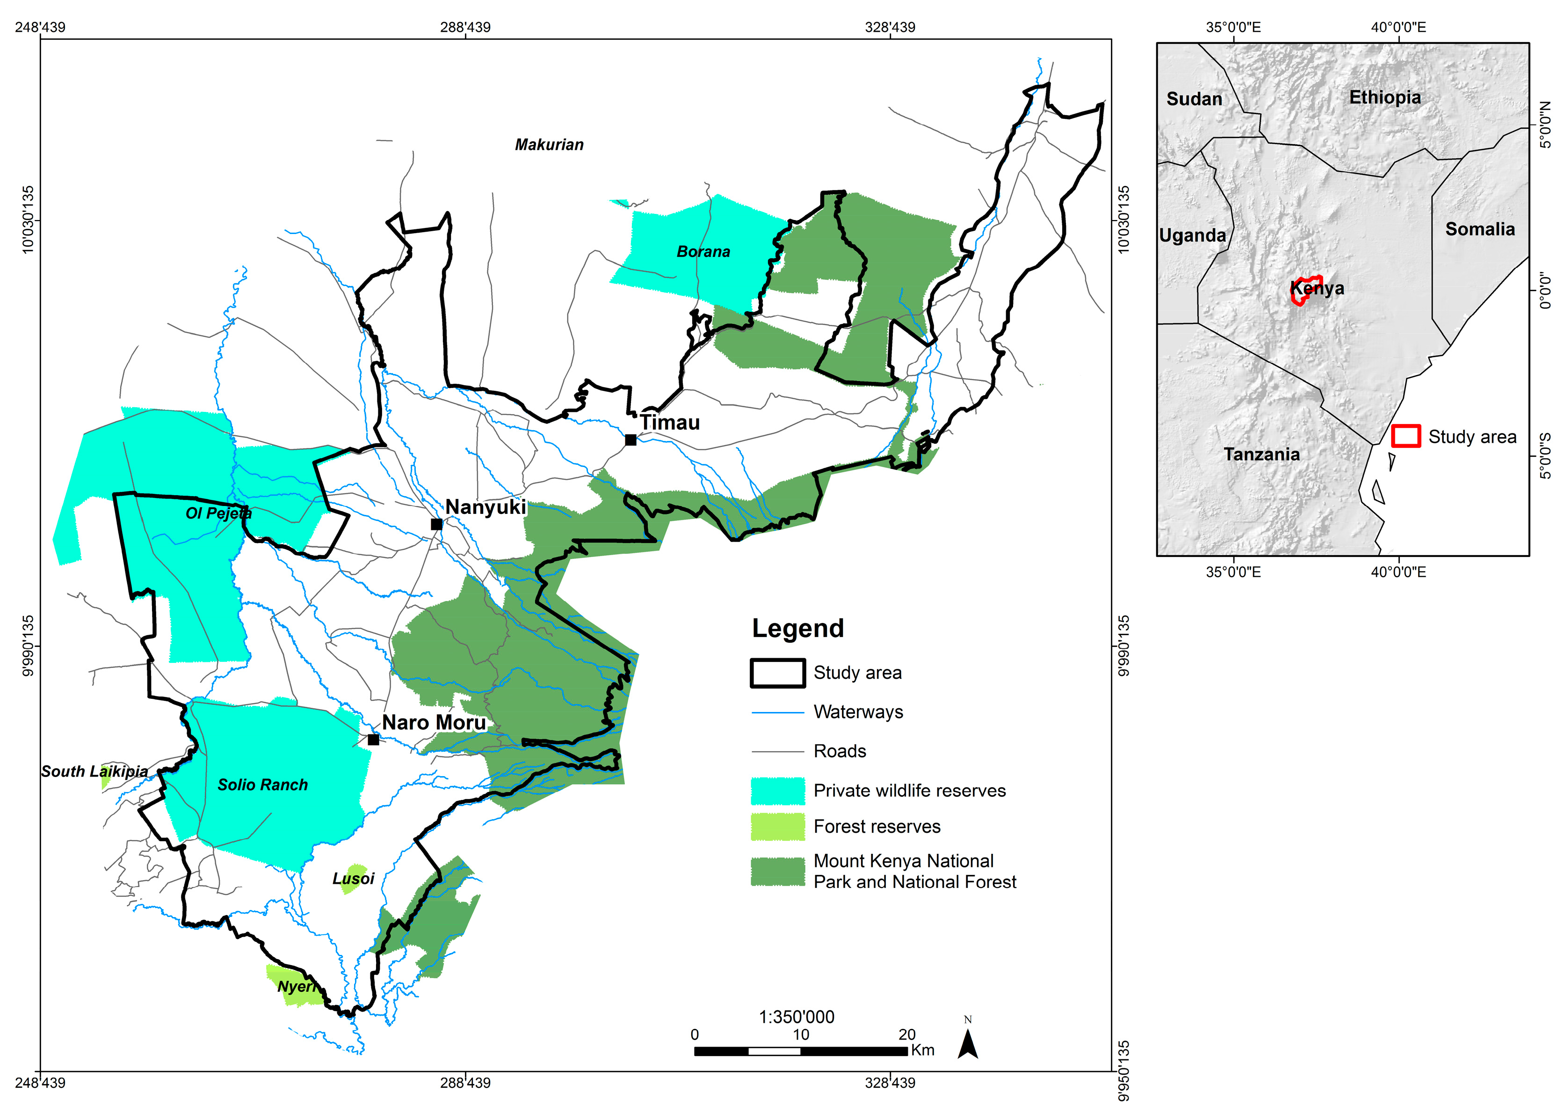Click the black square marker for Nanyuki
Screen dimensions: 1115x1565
tap(436, 525)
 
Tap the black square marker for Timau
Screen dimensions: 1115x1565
tap(630, 440)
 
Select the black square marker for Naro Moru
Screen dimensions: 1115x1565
tap(373, 740)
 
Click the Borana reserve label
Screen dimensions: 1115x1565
tap(703, 252)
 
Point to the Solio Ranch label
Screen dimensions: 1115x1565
tap(263, 785)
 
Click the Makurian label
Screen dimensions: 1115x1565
tap(549, 145)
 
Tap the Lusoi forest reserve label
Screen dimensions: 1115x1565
tap(353, 879)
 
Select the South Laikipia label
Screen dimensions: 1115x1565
tap(94, 772)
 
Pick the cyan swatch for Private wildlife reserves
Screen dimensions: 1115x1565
tap(777, 791)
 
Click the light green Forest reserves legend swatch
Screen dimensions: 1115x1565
tap(777, 827)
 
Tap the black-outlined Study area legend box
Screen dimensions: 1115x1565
tap(777, 673)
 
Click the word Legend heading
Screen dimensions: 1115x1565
tap(798, 628)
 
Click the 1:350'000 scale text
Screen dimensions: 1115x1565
tap(796, 1017)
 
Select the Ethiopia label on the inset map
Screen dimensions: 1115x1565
tap(1384, 97)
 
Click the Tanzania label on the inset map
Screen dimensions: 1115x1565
tap(1261, 455)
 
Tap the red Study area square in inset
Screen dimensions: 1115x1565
tap(1405, 436)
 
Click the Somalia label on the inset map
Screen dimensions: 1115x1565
tap(1480, 229)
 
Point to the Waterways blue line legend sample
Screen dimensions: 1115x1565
tap(777, 712)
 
